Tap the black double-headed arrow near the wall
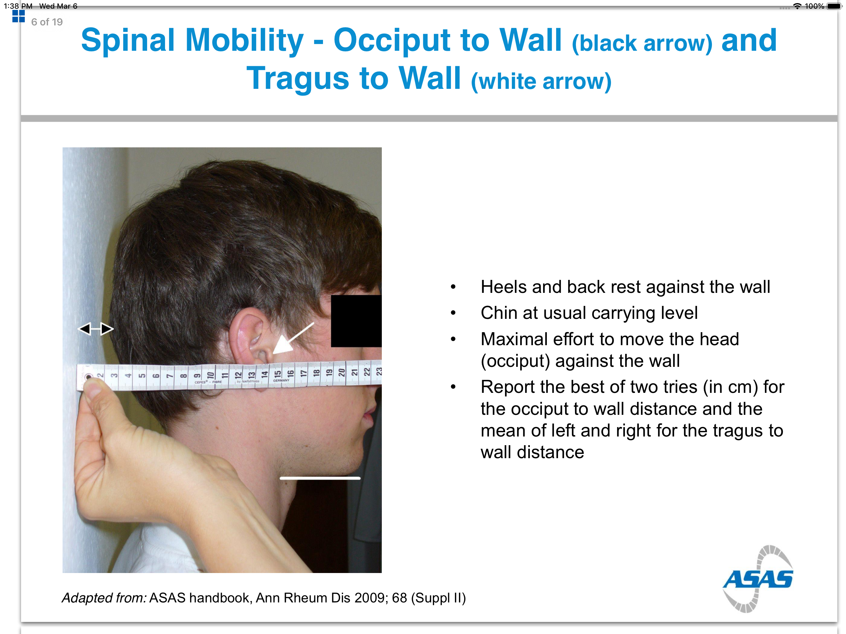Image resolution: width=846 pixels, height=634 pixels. tap(96, 328)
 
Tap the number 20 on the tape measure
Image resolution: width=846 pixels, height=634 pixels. tap(342, 372)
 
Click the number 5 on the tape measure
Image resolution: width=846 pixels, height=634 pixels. tap(142, 376)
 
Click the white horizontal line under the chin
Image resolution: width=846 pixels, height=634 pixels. tap(320, 478)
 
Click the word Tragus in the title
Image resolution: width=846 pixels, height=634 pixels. tap(298, 78)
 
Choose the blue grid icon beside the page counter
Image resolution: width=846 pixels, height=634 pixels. tap(18, 16)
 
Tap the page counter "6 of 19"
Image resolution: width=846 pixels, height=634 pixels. tap(47, 22)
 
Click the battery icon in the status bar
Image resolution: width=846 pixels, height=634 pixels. tap(835, 6)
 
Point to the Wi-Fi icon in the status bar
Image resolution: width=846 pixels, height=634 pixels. tap(797, 6)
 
